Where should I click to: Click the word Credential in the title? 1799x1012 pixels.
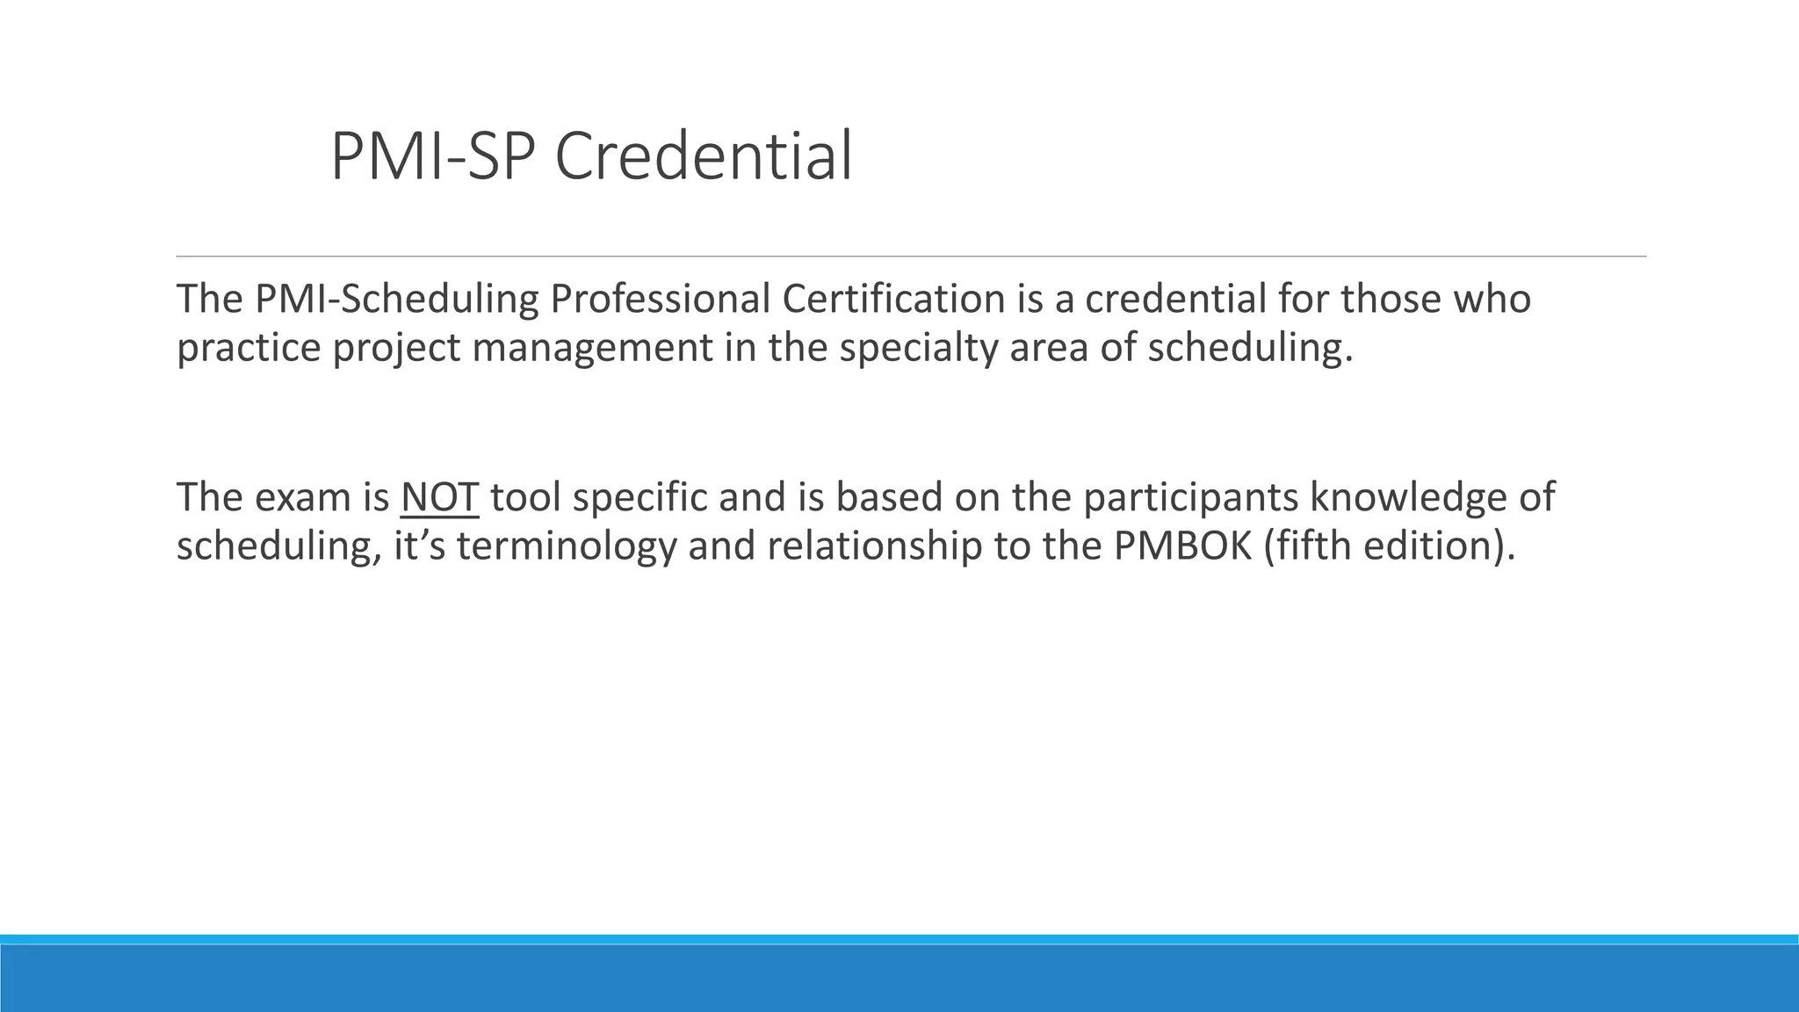point(703,156)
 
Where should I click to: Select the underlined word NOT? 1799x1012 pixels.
point(439,497)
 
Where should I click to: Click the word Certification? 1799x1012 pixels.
point(892,300)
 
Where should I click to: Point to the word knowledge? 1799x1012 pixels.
point(1408,497)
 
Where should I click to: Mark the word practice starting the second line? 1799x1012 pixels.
point(249,348)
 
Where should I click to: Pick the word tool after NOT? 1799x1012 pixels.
point(525,497)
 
